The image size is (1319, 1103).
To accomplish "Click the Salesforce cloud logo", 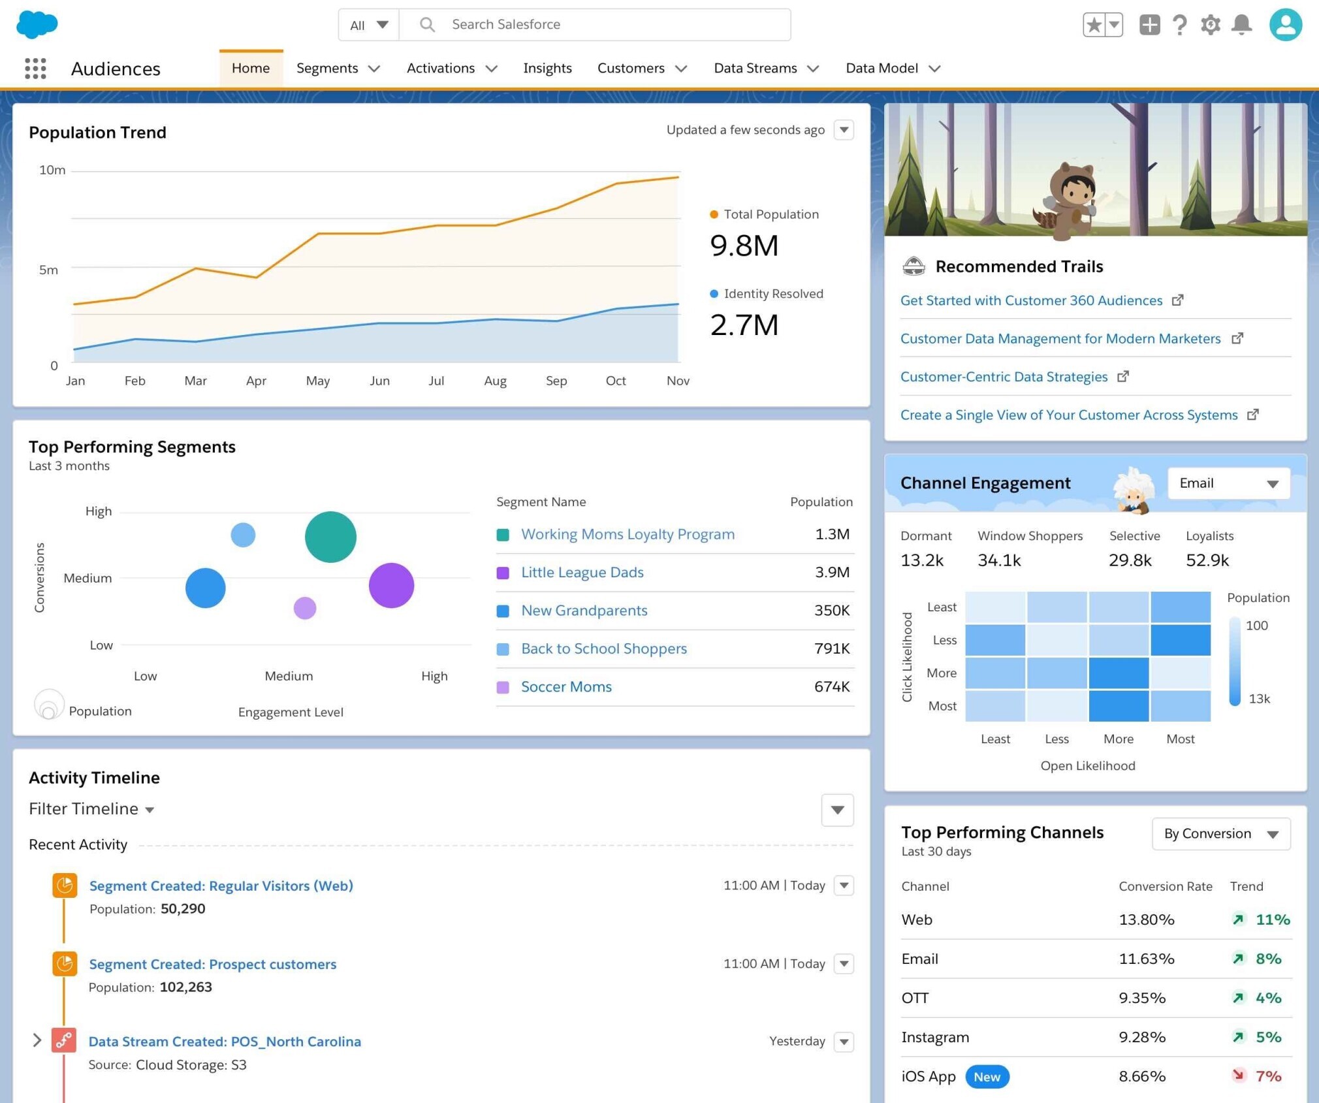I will pyautogui.click(x=37, y=25).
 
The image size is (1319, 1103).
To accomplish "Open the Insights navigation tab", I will pyautogui.click(x=547, y=68).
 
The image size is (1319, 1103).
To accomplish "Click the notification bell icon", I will pyautogui.click(x=1241, y=25).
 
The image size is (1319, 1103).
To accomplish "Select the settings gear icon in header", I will pyautogui.click(x=1210, y=25).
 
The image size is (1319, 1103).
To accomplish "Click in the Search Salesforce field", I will pyautogui.click(x=588, y=25).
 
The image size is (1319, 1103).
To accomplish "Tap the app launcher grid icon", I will pyautogui.click(x=35, y=68).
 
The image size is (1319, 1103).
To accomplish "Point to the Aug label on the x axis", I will pyautogui.click(x=495, y=381).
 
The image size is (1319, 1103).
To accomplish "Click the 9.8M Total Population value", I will pyautogui.click(x=744, y=246).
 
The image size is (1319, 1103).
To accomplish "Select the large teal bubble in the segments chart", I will pyautogui.click(x=330, y=537).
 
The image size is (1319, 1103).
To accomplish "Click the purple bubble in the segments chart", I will pyautogui.click(x=391, y=585).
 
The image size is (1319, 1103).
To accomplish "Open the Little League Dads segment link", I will pyautogui.click(x=582, y=572).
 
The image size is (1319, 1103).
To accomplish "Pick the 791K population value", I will pyautogui.click(x=831, y=648).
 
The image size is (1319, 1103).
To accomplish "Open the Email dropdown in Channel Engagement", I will pyautogui.click(x=1228, y=483).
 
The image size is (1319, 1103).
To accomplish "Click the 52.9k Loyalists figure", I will pyautogui.click(x=1207, y=560).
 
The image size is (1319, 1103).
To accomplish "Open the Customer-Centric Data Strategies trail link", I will pyautogui.click(x=1004, y=377).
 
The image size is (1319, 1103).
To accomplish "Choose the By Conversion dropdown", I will pyautogui.click(x=1220, y=834).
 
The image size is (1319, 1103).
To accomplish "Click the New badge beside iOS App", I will pyautogui.click(x=986, y=1077).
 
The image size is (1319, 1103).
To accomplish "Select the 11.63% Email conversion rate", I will pyautogui.click(x=1146, y=959).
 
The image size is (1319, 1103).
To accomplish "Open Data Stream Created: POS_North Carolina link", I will pyautogui.click(x=225, y=1042).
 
